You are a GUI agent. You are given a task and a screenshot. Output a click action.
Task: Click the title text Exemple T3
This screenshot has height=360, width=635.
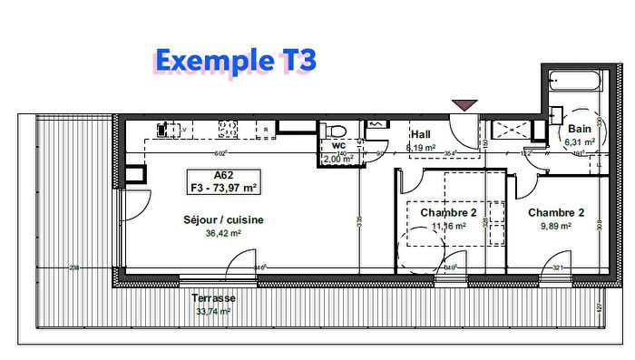click(x=235, y=60)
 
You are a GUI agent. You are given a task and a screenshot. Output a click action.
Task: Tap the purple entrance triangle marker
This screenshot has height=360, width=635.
click(x=464, y=105)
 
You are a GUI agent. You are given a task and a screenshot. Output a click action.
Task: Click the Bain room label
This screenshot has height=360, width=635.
click(x=579, y=130)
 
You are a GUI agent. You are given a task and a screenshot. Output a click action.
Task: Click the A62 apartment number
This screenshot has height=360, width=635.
click(x=222, y=176)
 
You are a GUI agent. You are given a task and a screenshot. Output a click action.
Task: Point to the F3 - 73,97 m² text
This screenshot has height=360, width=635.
click(x=222, y=188)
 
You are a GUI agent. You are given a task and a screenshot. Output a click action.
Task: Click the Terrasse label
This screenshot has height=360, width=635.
click(x=213, y=297)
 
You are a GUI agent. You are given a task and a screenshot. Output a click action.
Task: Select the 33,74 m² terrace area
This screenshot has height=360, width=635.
click(x=213, y=310)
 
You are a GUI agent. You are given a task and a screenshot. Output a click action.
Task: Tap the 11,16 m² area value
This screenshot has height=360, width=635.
click(x=448, y=226)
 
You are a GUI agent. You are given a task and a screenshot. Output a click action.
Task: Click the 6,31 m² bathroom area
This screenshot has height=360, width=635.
click(x=580, y=142)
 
